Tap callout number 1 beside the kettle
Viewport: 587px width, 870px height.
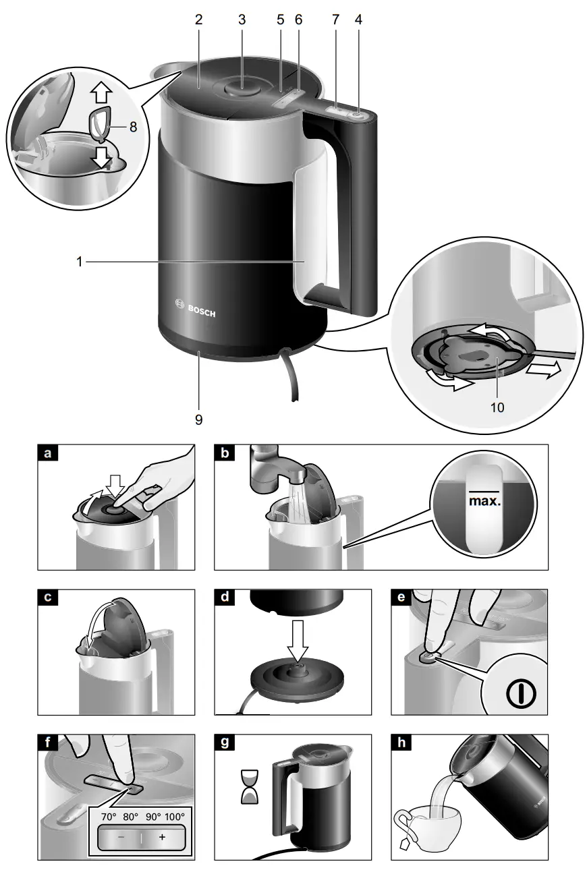coord(79,262)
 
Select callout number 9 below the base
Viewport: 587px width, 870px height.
coord(199,419)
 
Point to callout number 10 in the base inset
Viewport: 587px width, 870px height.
coord(499,407)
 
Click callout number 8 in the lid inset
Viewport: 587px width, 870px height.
coord(133,125)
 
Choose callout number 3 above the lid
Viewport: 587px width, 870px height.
coord(242,20)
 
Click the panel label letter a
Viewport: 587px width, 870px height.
coord(47,454)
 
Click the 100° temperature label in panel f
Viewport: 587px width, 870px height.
coord(174,815)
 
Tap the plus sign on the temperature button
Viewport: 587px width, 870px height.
coord(162,837)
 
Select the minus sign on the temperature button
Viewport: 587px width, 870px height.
coord(120,837)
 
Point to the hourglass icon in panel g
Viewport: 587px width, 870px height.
coord(250,788)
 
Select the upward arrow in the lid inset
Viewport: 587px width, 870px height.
coord(101,90)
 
